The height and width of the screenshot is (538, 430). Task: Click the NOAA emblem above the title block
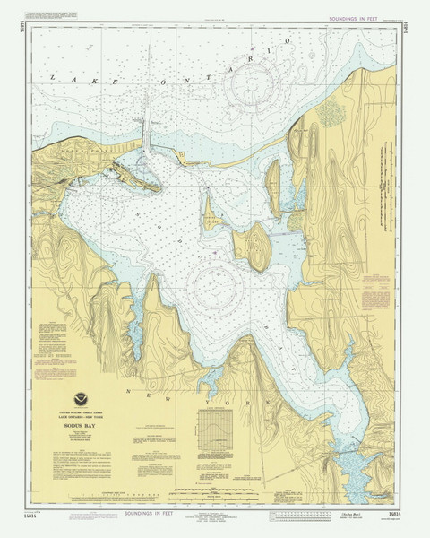click(82, 400)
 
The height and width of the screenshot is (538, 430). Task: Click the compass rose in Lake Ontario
click(253, 88)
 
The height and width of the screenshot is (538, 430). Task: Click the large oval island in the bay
click(254, 247)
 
